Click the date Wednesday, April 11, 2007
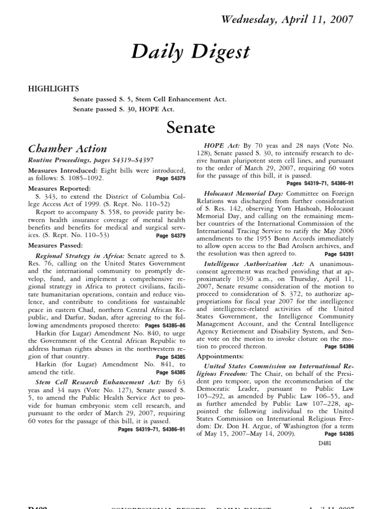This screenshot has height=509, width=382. tap(287, 20)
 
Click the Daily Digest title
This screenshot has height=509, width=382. tap(191, 52)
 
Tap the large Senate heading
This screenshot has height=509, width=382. tap(191, 128)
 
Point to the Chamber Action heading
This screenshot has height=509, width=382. tap(67, 148)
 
